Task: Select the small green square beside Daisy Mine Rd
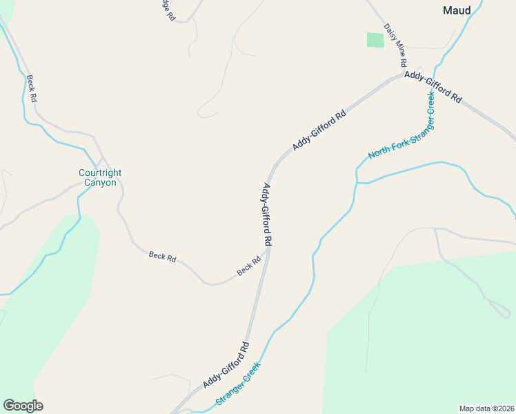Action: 375,40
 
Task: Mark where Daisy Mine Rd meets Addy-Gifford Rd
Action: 404,74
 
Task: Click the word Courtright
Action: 101,172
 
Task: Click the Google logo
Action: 23,406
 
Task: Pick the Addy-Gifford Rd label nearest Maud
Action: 433,87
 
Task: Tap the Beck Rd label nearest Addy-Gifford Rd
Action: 249,266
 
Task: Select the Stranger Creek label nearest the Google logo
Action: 239,384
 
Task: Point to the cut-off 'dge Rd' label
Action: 168,10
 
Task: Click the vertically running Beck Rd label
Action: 31,89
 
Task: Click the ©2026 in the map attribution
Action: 502,408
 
